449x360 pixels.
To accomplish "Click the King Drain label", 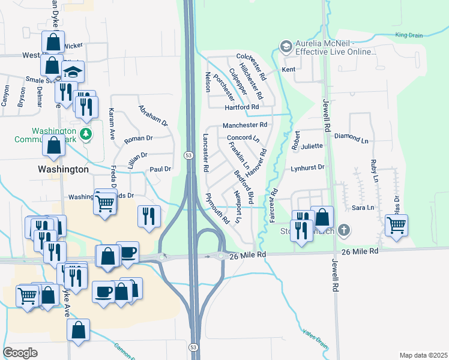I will click(409, 35).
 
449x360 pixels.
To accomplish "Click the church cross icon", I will click(343, 230).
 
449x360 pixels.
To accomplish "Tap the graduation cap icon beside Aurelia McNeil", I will click(286, 46).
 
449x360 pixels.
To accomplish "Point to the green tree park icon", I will click(88, 133).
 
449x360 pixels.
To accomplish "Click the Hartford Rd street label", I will click(241, 107).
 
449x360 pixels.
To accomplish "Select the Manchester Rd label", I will click(244, 125).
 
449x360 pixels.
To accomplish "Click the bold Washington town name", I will click(63, 170).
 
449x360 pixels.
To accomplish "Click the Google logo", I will click(20, 353).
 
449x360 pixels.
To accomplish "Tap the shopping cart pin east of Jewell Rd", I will click(396, 226).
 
